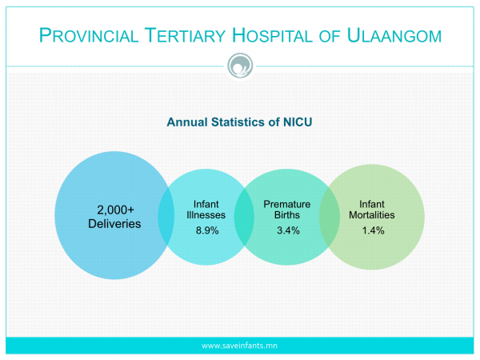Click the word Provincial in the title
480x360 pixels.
point(89,35)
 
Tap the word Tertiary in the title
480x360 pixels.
point(186,35)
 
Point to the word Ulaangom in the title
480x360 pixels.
point(394,35)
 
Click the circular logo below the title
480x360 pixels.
point(240,66)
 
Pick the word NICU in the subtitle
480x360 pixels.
point(298,122)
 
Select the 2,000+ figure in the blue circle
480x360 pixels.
point(115,210)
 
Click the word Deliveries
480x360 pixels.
point(114,224)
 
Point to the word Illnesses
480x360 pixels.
point(206,215)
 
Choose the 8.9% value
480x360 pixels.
point(207,230)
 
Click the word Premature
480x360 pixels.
point(287,204)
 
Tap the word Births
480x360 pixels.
point(287,215)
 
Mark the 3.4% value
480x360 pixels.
point(288,230)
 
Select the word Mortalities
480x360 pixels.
point(372,215)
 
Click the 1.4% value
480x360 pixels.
point(373,230)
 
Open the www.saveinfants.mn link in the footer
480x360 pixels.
point(239,346)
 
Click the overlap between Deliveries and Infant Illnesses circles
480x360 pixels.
point(166,216)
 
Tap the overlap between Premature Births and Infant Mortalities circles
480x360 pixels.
point(330,217)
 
